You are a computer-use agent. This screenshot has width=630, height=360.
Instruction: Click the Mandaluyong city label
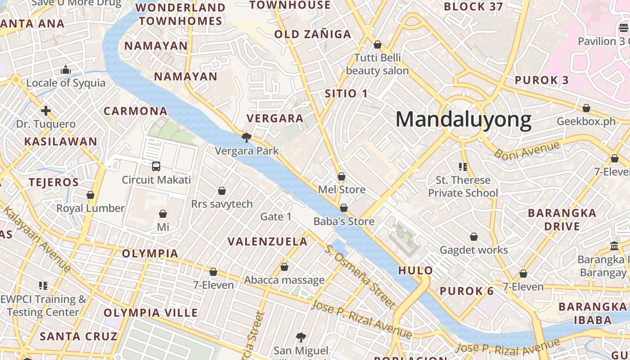coord(463,120)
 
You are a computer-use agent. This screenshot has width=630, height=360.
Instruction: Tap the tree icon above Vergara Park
coord(246,137)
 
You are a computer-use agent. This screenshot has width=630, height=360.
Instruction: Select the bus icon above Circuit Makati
coord(156,166)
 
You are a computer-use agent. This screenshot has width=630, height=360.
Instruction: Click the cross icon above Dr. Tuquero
coord(46,111)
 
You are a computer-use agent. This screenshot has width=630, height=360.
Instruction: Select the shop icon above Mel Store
coord(342,176)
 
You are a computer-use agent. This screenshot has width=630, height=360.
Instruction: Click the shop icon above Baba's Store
coord(344,208)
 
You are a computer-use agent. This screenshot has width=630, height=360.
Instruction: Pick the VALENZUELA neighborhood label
coord(267,242)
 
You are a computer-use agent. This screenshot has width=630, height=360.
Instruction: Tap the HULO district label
coord(415,270)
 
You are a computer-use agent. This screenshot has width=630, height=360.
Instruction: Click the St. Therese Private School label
coord(463,186)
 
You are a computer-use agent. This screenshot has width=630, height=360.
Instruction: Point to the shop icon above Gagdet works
coord(474,237)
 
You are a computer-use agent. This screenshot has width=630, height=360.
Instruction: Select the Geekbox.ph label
coord(586,121)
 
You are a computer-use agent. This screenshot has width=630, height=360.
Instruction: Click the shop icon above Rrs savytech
coord(222,191)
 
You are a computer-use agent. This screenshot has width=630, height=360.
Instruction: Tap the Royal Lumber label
coord(90,208)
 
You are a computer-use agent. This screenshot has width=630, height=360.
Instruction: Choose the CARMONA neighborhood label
coord(135,111)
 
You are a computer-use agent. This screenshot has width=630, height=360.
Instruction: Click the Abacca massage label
coord(284,280)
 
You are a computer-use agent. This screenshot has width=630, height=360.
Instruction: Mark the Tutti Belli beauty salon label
coord(377,64)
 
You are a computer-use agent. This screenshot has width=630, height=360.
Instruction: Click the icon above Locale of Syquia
coord(66,70)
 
